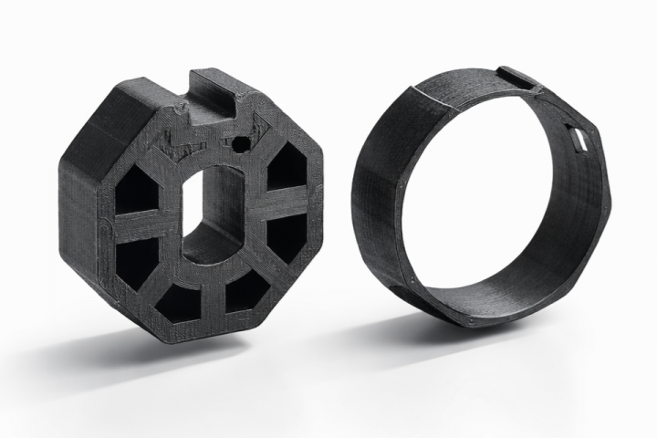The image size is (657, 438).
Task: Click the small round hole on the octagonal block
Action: pyautogui.click(x=241, y=143)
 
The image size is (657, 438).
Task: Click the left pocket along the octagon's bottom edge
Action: pyautogui.click(x=179, y=300)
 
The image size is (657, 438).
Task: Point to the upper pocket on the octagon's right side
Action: pyautogui.click(x=288, y=167)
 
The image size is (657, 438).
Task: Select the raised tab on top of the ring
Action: pyautogui.click(x=516, y=78)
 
